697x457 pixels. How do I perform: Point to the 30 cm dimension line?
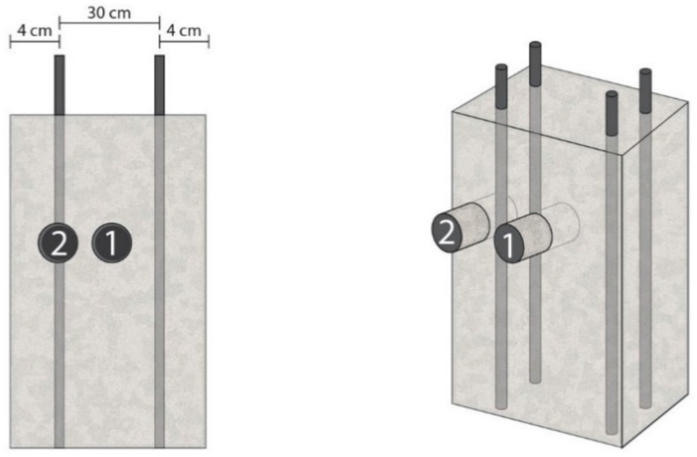point(110,23)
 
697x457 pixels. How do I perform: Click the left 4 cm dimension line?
point(35,42)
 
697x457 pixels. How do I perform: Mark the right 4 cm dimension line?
point(184,42)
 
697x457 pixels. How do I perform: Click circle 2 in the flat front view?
point(58,243)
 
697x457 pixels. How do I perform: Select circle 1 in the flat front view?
point(111,243)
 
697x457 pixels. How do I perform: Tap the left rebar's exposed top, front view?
point(59,85)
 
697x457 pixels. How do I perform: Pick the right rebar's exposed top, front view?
point(159,85)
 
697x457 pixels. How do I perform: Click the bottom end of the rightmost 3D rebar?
point(645,403)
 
